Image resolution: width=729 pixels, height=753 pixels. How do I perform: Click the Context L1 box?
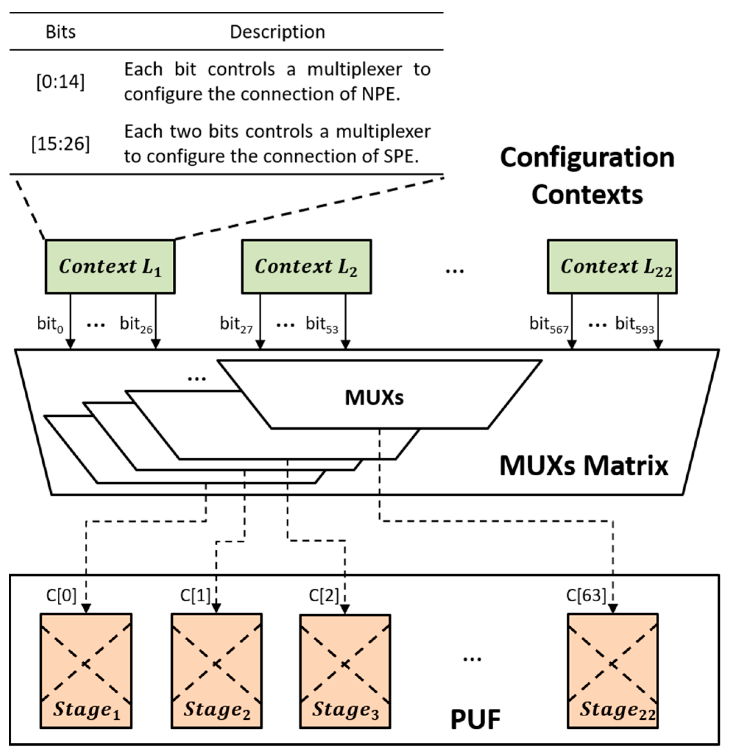[x=110, y=267]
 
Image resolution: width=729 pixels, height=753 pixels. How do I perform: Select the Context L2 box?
[x=306, y=267]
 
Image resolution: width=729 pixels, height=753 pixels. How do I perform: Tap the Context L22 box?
[x=612, y=267]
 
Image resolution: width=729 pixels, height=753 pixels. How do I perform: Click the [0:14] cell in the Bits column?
[x=60, y=82]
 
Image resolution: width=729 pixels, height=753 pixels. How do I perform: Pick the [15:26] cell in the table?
[x=60, y=144]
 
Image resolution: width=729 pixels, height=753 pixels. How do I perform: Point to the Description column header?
[x=277, y=32]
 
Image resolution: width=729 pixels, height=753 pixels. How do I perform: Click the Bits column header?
[x=60, y=32]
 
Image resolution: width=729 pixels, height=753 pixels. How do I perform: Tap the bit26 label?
[x=136, y=325]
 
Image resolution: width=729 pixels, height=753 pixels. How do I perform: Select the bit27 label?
[x=236, y=325]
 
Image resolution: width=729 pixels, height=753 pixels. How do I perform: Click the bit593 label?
[x=634, y=325]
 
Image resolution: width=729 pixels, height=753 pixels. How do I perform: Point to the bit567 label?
[x=549, y=325]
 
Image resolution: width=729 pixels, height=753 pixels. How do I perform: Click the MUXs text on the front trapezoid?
[x=374, y=397]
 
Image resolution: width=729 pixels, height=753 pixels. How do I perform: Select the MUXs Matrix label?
[x=584, y=466]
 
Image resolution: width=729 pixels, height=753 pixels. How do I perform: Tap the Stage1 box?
[x=86, y=671]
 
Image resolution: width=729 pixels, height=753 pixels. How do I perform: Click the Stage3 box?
[x=345, y=671]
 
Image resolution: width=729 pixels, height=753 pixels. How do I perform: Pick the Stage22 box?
[x=613, y=671]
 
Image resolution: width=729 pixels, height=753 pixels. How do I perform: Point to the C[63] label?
[x=586, y=596]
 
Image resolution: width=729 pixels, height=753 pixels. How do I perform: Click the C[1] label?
[x=195, y=596]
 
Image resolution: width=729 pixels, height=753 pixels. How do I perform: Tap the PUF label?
[x=475, y=719]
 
